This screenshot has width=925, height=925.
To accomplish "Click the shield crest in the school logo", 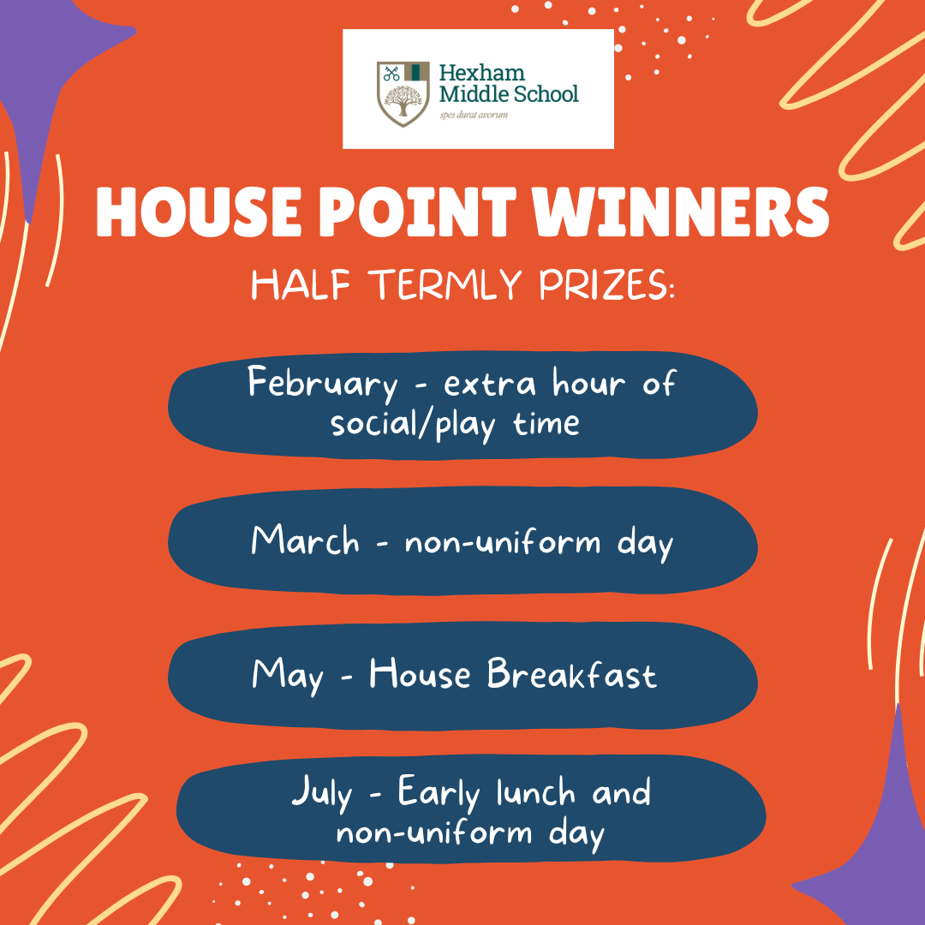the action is tap(403, 94).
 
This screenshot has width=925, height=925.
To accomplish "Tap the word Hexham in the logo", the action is tap(482, 73).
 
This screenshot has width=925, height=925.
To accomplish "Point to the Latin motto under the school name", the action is tap(474, 115).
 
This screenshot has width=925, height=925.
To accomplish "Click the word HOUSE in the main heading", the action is tap(199, 212).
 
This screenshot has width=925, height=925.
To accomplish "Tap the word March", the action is tap(305, 540).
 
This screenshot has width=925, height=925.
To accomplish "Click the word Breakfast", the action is tap(571, 672).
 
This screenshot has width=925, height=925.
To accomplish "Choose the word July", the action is tap(322, 793).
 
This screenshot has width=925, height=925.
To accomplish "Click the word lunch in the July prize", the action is tap(535, 791).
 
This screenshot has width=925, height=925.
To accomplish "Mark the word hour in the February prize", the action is tap(588, 384).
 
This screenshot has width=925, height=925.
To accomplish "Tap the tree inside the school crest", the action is tap(403, 100).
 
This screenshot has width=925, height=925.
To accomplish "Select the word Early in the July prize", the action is tap(439, 793).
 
